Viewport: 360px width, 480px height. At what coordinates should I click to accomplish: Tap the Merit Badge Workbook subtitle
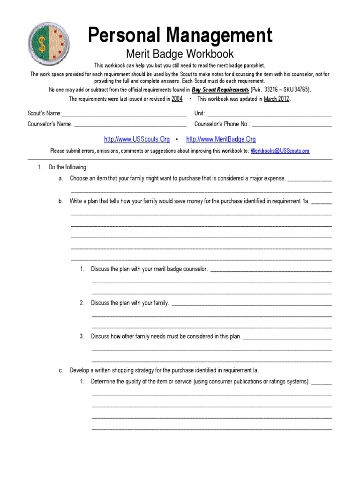point(180,54)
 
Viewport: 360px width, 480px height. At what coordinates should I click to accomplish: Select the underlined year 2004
point(177,99)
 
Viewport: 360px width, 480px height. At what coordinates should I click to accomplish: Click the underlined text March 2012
point(277,99)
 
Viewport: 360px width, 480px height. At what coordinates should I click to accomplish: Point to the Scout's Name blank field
point(124,113)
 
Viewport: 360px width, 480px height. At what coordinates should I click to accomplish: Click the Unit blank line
point(269,113)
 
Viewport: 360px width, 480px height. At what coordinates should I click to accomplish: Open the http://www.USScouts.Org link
point(137,139)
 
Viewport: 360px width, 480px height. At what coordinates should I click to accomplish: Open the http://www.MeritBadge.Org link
point(221,139)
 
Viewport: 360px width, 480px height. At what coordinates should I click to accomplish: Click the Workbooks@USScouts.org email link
point(280,151)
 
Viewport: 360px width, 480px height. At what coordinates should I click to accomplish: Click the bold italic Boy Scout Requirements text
point(220,90)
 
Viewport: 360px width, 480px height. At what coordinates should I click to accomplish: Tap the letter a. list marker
point(61,179)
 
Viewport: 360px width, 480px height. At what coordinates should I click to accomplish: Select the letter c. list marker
point(61,370)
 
